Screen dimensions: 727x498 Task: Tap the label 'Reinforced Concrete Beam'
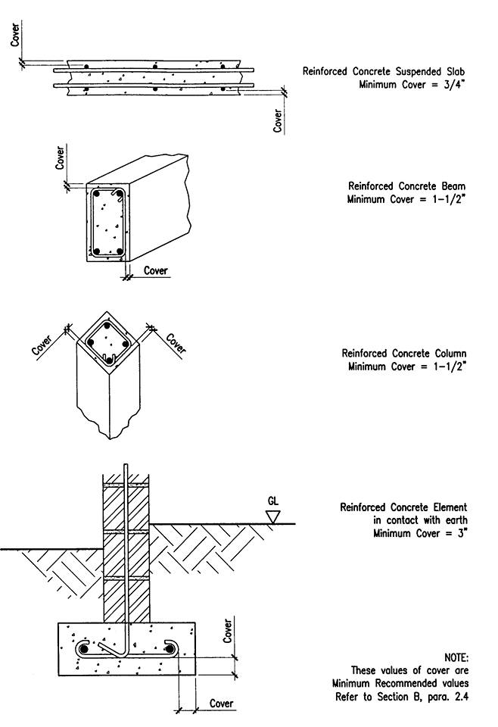point(406,186)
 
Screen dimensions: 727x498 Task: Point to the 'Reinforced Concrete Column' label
point(403,354)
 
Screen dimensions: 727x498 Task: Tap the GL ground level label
point(274,502)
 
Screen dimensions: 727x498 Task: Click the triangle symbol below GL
point(274,516)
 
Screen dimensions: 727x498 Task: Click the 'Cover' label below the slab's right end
point(279,120)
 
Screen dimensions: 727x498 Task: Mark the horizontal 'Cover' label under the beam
point(155,270)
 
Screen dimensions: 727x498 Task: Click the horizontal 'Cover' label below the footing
point(221,704)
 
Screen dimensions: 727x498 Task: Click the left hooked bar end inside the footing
point(85,649)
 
